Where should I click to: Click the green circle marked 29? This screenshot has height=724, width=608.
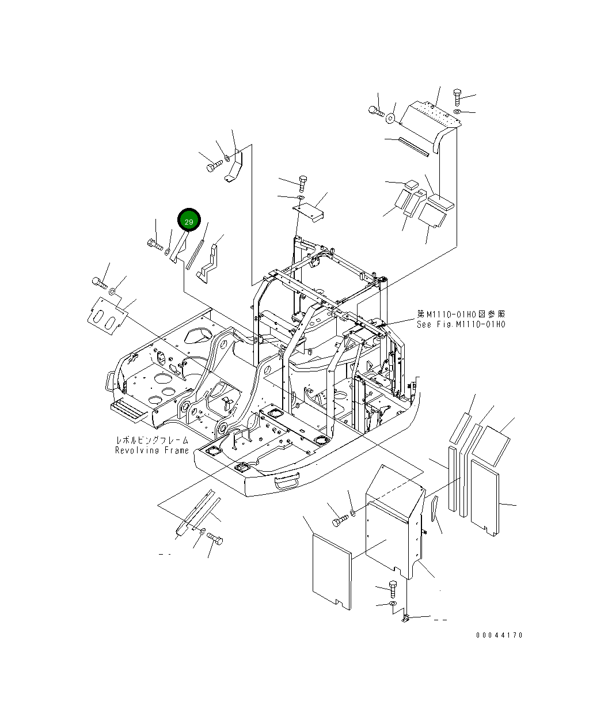tap(189, 219)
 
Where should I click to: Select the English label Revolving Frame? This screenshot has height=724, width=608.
tap(152, 450)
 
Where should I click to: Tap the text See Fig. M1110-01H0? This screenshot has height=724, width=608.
tap(461, 324)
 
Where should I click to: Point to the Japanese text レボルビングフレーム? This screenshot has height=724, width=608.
tap(152, 441)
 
